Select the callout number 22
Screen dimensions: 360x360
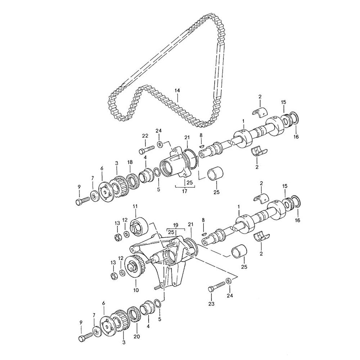coord(145,135)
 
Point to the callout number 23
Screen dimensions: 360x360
coord(211,303)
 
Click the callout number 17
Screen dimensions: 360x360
coord(184,192)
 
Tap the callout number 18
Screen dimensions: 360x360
coord(130,163)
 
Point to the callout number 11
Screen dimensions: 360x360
coord(135,206)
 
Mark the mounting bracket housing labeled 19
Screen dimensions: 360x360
coord(169,259)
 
